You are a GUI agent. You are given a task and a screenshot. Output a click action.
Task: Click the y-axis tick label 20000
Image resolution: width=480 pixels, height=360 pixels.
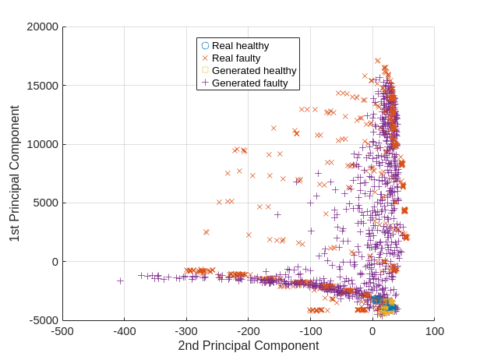(x=43, y=27)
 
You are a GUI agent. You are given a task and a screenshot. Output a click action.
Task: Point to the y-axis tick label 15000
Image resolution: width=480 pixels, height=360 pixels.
(x=43, y=86)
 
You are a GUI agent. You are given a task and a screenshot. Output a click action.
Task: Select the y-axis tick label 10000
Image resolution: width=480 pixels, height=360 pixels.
(x=43, y=144)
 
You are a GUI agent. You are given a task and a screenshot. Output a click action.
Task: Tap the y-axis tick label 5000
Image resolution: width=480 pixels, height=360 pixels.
(x=46, y=203)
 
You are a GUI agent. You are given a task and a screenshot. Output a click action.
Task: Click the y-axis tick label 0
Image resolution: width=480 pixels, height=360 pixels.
(x=55, y=261)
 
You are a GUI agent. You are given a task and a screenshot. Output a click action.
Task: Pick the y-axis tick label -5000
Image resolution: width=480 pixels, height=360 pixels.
(x=44, y=320)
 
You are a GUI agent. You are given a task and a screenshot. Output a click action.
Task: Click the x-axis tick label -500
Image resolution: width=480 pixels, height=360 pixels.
(x=62, y=331)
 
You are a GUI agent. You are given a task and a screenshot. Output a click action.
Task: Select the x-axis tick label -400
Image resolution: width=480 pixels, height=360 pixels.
(x=125, y=331)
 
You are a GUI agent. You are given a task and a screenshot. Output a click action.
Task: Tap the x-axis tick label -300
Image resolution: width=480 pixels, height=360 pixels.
(x=186, y=331)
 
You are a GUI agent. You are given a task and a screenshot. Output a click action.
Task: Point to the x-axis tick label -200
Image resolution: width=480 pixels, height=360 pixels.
(x=249, y=331)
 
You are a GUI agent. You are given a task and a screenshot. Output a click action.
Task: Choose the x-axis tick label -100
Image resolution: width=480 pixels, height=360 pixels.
(x=310, y=331)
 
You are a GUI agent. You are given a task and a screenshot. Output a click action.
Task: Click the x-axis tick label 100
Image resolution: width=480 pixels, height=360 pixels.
(x=434, y=331)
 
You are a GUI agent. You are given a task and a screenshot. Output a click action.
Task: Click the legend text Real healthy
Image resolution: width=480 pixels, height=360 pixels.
(x=240, y=45)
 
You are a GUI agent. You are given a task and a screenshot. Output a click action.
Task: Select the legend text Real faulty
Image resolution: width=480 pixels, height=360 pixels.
(x=236, y=58)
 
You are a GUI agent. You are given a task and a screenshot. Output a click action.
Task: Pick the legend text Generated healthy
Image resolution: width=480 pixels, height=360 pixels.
(x=254, y=70)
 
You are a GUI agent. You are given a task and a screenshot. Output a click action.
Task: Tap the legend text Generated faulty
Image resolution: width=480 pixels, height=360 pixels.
(x=249, y=83)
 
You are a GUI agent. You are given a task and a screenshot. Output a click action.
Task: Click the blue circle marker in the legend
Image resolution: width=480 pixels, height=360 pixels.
(x=205, y=45)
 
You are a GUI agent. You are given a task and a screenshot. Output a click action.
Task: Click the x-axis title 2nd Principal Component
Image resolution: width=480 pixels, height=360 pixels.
(x=248, y=346)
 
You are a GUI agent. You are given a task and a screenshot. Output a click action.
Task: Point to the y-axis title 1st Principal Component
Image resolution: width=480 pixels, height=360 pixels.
(x=15, y=173)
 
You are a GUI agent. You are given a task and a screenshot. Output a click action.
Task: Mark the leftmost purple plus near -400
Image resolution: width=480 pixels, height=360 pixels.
(x=120, y=281)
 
